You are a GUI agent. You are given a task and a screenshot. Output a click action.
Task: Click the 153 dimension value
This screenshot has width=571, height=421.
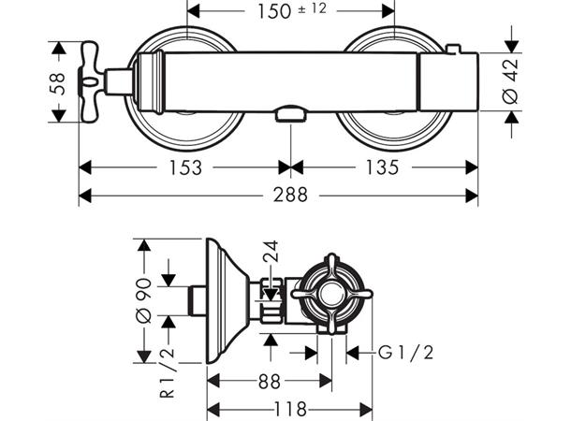click(x=184, y=167)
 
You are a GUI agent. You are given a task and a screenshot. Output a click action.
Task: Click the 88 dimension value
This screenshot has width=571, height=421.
click(x=270, y=382)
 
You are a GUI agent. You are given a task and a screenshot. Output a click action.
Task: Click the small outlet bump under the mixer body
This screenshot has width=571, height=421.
click(x=291, y=116)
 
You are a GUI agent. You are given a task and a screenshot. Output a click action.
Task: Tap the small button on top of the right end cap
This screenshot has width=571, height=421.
click(x=454, y=49)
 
